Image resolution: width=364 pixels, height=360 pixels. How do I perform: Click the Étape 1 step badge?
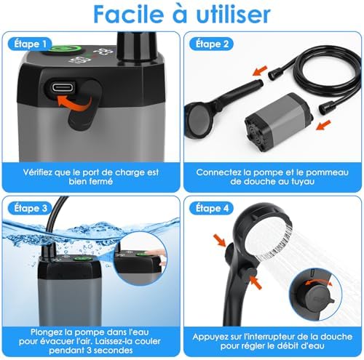(x=30, y=44)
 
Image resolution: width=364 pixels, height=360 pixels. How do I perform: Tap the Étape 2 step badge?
(x=212, y=44)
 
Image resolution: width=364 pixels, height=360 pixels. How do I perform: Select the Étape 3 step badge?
(x=30, y=208)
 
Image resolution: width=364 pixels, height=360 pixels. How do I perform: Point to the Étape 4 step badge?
(x=212, y=208)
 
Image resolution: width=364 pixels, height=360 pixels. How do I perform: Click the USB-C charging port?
(x=63, y=87)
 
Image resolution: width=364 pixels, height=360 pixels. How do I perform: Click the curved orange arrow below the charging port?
(x=74, y=103)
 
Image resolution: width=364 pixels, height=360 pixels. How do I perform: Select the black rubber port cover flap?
(x=83, y=105)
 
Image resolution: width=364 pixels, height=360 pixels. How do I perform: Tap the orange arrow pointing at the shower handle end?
(x=260, y=71)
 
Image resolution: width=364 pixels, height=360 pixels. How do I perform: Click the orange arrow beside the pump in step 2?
(x=323, y=124)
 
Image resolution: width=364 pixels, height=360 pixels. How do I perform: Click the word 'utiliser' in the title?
(x=233, y=15)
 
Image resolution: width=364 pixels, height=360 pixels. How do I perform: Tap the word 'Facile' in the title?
(x=128, y=15)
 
